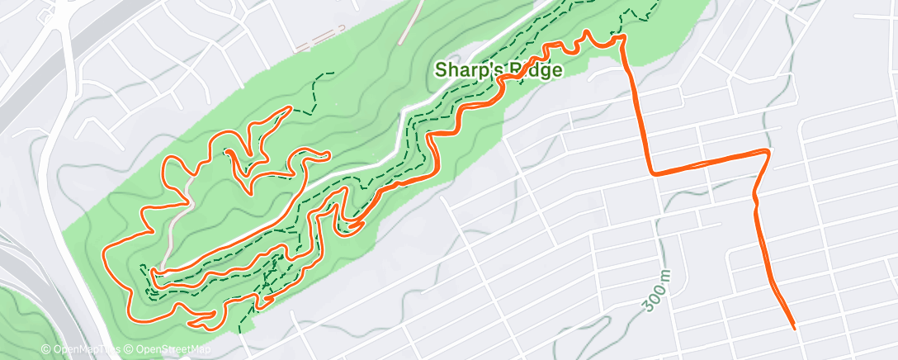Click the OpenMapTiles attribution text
pos(85,350)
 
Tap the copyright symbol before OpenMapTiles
pos(45,350)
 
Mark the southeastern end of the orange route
pos(794,328)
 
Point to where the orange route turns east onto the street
pos(653,173)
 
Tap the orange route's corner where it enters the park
pos(622,37)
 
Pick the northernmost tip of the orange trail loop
pos(290,107)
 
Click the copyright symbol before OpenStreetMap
pos(130,350)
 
